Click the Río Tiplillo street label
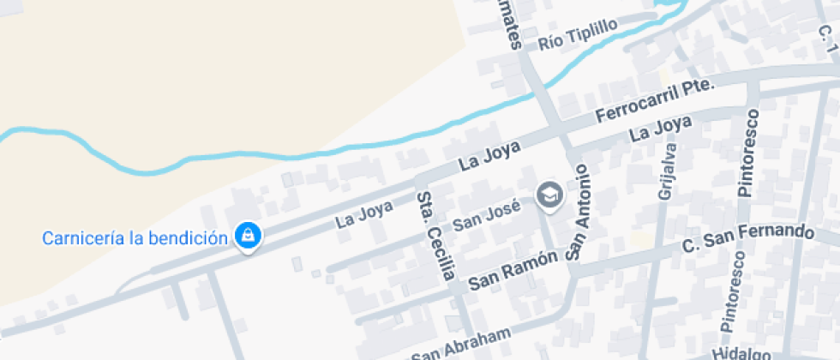pyautogui.click(x=578, y=35)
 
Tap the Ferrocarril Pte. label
pyautogui.click(x=655, y=102)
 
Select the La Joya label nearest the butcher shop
pyautogui.click(x=364, y=213)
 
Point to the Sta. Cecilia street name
pyautogui.click(x=435, y=237)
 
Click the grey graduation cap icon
pyautogui.click(x=550, y=196)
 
